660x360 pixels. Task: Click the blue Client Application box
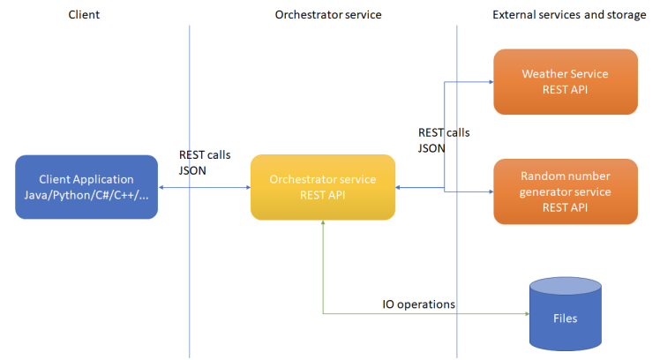[x=86, y=187]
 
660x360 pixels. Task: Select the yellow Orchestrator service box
[x=323, y=187]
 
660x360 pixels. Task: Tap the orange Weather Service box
[x=566, y=82]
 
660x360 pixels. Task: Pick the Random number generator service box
[x=566, y=191]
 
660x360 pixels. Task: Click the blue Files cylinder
[x=566, y=314]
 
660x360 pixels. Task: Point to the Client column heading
[x=84, y=15]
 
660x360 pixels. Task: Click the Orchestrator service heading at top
[x=328, y=15]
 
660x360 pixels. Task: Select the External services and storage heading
[x=569, y=15]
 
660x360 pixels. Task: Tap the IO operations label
[x=418, y=304]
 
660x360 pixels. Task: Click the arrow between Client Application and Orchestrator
[x=205, y=187]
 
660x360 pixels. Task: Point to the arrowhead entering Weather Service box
[x=491, y=82]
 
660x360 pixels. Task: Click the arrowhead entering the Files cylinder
[x=527, y=314]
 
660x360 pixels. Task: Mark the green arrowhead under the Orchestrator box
[x=323, y=222]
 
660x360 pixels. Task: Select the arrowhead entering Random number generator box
[x=491, y=191]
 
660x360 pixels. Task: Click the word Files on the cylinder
[x=566, y=319]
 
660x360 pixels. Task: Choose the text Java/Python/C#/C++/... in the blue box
[x=86, y=195]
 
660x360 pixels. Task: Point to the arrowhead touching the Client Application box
[x=161, y=187]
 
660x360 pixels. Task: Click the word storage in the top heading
[x=626, y=15]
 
